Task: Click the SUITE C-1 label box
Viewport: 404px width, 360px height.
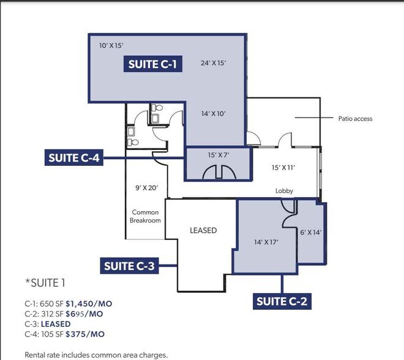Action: point(153,64)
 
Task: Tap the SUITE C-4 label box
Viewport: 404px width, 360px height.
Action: point(74,157)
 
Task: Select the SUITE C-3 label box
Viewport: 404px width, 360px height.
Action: point(129,266)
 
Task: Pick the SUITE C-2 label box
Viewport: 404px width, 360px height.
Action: point(282,301)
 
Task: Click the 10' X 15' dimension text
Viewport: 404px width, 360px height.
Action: point(111,45)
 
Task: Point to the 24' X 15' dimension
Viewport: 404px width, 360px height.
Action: point(214,63)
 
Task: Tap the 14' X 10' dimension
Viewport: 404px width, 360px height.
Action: point(214,114)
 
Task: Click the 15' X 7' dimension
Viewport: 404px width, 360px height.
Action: point(219,155)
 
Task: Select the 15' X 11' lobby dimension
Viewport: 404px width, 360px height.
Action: point(283,168)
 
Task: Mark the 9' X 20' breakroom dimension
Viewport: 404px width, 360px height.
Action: point(147,188)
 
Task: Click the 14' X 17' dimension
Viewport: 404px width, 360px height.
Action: point(266,242)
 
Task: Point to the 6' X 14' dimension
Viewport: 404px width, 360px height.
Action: point(311,233)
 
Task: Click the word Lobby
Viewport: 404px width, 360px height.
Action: point(284,191)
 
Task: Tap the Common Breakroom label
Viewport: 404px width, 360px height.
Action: point(145,216)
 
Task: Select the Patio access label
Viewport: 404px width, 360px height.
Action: point(355,119)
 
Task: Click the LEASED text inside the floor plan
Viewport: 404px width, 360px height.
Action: point(203,230)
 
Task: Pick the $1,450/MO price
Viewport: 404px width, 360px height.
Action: point(89,304)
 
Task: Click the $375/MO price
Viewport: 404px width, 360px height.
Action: point(85,334)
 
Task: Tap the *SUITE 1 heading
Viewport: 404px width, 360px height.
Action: point(45,283)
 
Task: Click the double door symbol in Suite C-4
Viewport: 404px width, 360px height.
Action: point(219,171)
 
